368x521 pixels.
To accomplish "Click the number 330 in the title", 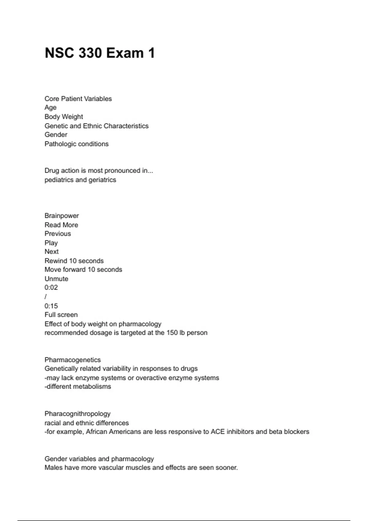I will pos(90,53).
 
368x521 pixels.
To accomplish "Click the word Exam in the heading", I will pos(125,53).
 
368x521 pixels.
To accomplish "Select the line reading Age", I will pos(51,108).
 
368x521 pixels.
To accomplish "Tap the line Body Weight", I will pos(64,117).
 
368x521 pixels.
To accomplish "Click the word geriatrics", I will pos(102,180).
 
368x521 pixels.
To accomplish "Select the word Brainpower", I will pos(62,216).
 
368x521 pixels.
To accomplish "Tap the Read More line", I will pos(61,225).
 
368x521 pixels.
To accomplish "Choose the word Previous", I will pos(58,234).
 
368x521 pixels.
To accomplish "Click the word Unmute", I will pos(56,279).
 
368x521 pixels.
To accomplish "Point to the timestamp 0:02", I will pos(51,287).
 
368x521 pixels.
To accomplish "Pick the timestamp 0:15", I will pos(51,306).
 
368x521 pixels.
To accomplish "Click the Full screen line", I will pos(61,315).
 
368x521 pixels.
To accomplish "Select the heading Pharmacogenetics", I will pos(73,360).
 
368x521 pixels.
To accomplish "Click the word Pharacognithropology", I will pos(78,414).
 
